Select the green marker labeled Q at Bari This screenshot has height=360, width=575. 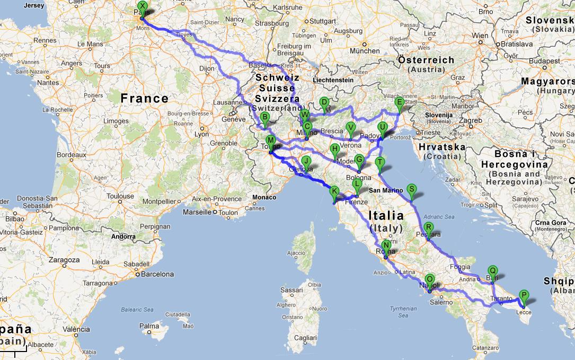pos(492,270)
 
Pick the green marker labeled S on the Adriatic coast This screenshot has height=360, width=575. pos(412,189)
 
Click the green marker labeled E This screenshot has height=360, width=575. pos(400,103)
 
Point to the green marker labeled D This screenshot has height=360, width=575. pos(324,103)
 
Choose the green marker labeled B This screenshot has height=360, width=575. pos(265,118)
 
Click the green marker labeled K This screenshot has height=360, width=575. pos(334,192)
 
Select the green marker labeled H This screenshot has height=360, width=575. pos(334,150)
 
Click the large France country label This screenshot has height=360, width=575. pos(144,98)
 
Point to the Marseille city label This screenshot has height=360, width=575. pos(197,213)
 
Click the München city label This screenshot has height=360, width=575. pos(365,51)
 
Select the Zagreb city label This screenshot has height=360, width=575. pos(470,120)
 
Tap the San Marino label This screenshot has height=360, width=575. pos(383,190)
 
